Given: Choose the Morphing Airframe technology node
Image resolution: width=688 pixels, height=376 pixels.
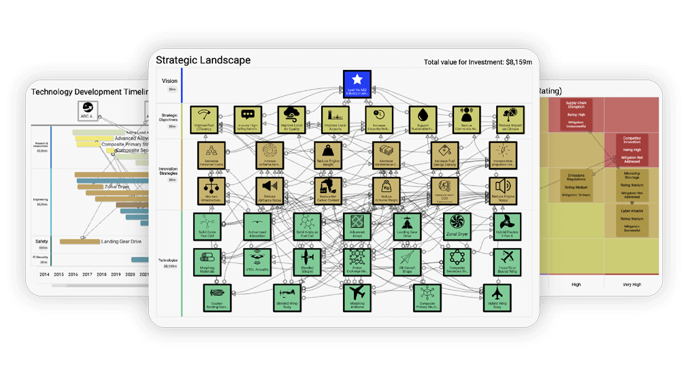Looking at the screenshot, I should pyautogui.click(x=357, y=296).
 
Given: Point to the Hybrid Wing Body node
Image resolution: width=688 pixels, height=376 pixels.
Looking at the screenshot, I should pyautogui.click(x=496, y=297).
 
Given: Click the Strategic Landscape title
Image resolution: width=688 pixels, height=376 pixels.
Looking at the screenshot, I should pyautogui.click(x=203, y=60).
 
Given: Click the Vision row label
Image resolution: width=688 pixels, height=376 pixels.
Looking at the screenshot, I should pyautogui.click(x=169, y=81).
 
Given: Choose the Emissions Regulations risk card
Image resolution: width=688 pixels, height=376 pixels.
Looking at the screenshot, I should pyautogui.click(x=576, y=184).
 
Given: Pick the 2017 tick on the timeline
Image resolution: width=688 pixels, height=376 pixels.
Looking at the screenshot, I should pyautogui.click(x=87, y=275).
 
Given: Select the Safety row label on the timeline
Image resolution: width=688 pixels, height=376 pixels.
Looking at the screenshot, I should pyautogui.click(x=42, y=241).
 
